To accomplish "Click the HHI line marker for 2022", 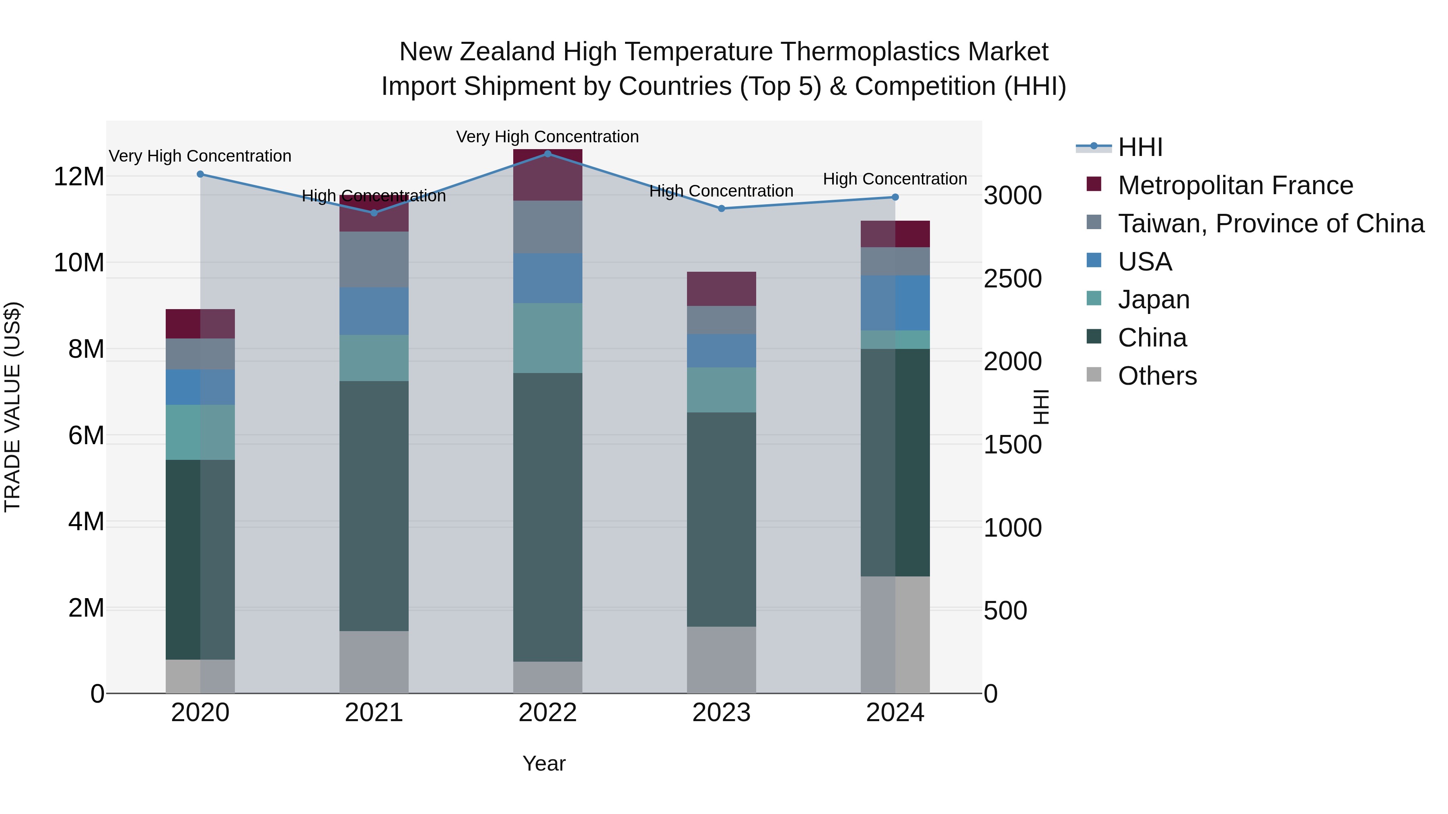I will pos(547,154).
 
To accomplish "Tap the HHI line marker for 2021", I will pos(374,213).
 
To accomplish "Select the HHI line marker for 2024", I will pos(895,197).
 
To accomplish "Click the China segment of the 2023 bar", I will pos(721,520).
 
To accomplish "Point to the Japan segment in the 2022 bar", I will pos(547,338).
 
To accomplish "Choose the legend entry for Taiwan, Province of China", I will pos(1270,223).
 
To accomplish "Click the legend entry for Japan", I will pos(1154,299).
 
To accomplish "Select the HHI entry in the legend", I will pos(1140,147).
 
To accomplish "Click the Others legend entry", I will pos(1157,376).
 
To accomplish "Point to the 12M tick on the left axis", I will pos(79,177).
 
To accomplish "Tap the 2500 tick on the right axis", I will pos(1012,279).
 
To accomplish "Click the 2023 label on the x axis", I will pos(721,713).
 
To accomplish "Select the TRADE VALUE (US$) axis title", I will pos(12,407).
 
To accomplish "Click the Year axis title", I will pos(543,763).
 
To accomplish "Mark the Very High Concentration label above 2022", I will pos(547,137).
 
